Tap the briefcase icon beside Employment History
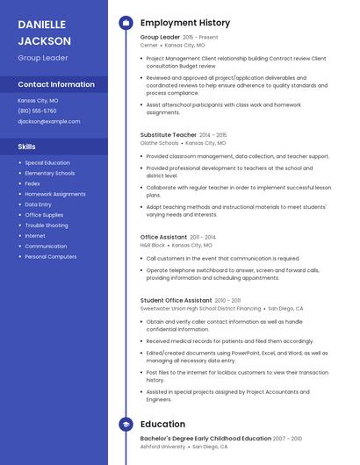126,23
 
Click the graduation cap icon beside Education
126,425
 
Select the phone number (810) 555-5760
37,111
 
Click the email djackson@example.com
48,121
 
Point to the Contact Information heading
56,84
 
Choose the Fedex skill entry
32,183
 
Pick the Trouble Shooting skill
46,225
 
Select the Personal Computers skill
50,257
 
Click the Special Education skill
47,162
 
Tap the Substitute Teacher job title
169,135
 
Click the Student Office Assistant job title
176,300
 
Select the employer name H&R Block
153,246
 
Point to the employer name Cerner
148,45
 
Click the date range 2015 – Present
200,38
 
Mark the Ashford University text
163,447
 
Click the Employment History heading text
185,23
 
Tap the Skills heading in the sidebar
27,146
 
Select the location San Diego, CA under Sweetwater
285,309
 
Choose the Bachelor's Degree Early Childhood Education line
205,438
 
